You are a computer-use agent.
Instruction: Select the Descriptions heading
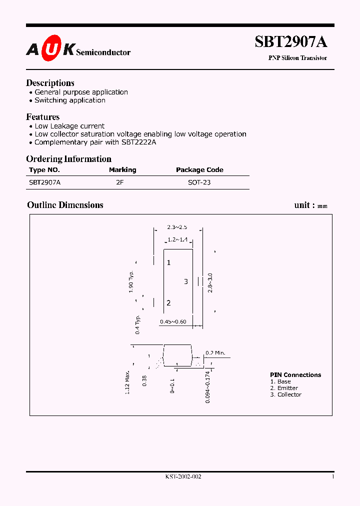[50, 83]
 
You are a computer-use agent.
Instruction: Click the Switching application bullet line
[69, 100]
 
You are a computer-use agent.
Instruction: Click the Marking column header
[122, 170]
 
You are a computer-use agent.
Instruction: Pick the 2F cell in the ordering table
[119, 182]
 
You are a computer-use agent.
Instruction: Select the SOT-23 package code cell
[199, 182]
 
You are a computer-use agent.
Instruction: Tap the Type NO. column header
[44, 170]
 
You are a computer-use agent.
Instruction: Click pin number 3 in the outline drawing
[185, 281]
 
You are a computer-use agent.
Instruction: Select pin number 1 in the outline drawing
[169, 262]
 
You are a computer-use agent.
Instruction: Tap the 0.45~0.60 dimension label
[173, 321]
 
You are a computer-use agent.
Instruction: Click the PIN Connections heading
[295, 375]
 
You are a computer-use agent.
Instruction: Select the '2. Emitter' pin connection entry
[284, 388]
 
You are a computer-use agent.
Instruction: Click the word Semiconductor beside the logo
[103, 52]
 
